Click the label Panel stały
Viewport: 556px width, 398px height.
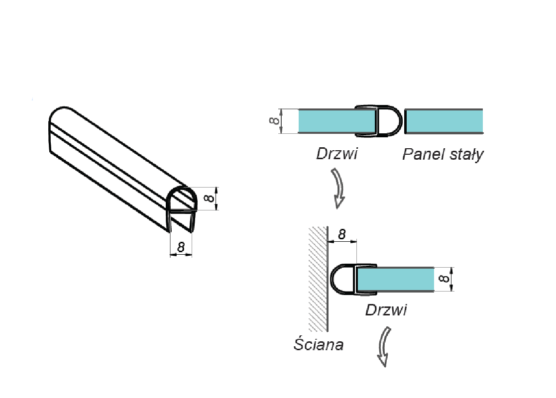pos(443,154)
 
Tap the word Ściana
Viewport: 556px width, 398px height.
pos(318,344)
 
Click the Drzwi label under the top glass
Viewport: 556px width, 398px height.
pos(336,153)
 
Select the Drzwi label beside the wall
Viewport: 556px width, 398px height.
pos(386,310)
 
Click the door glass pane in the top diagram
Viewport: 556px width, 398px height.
pos(336,121)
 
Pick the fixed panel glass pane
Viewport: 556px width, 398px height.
pos(445,121)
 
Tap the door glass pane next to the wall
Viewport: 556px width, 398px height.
pos(396,280)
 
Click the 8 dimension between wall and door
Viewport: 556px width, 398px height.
pos(342,234)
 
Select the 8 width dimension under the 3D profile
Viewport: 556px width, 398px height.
pos(181,247)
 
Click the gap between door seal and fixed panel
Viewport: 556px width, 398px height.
pos(403,121)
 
